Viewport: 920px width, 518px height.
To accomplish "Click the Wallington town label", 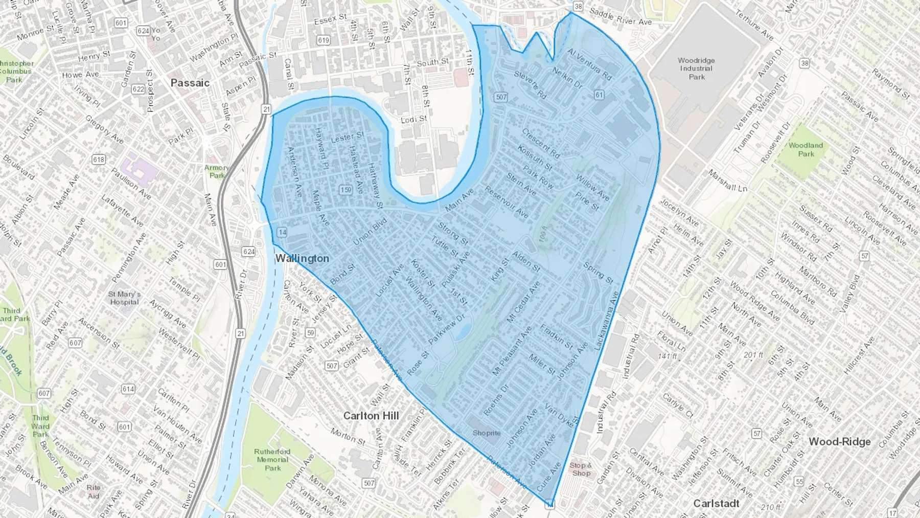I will point(302,258).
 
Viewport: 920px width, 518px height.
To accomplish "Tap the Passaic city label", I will point(190,83).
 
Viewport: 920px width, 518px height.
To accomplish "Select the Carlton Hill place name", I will point(371,416).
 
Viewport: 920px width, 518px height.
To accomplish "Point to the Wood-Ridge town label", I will point(839,441).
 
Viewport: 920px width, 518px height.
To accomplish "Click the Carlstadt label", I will point(716,503).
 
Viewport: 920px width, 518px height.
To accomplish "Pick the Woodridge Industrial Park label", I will point(696,69).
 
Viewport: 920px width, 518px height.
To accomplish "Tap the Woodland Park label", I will point(806,149).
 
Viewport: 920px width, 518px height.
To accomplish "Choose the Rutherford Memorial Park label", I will point(272,459).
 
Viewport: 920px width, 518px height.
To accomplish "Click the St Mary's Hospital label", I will point(124,298).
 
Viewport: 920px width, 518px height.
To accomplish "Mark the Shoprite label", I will point(486,433).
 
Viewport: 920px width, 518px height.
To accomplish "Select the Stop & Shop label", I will point(581,469).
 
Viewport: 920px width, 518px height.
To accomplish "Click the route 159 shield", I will point(346,190).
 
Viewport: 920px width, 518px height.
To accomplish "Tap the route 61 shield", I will point(599,95).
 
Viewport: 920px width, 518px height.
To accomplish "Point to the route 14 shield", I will point(282,232).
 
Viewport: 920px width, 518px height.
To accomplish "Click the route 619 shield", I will point(323,40).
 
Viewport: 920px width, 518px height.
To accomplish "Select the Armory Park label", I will point(217,171).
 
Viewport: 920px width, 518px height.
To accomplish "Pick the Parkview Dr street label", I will point(447,329).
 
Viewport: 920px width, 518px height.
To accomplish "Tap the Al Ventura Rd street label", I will point(589,64).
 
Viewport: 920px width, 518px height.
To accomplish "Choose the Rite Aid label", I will point(94,491).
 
